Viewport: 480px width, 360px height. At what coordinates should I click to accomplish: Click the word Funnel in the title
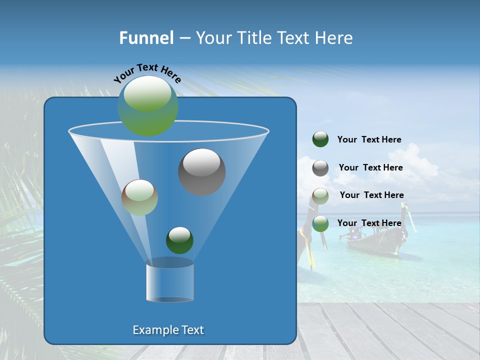146,38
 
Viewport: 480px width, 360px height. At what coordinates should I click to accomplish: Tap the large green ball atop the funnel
147,106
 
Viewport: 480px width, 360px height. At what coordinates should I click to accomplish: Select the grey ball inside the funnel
201,172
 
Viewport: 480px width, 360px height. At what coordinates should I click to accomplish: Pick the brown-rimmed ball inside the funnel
139,197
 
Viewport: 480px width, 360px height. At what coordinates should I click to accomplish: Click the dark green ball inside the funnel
179,240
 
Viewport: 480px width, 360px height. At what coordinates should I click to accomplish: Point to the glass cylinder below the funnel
169,281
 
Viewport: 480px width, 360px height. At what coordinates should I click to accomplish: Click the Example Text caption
168,330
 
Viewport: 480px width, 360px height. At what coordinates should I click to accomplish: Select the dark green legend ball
320,139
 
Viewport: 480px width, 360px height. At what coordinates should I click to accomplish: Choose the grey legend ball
320,168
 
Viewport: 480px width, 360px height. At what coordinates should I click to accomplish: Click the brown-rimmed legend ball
320,196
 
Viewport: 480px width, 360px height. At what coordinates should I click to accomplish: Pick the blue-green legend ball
320,223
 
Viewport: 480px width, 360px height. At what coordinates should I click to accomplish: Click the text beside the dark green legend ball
369,139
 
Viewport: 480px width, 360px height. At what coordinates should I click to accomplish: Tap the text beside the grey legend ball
370,167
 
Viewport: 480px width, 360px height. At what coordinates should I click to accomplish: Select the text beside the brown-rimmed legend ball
371,195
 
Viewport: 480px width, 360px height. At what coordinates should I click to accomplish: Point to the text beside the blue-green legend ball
369,223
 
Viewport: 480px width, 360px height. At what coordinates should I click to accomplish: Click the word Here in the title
333,38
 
